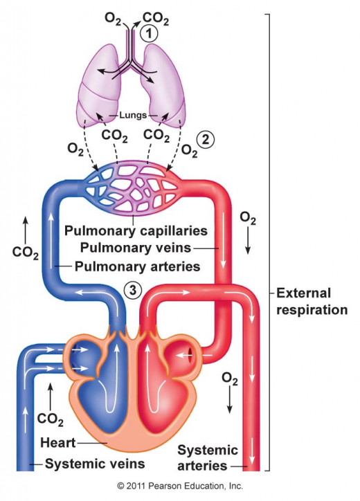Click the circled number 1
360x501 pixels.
(149, 34)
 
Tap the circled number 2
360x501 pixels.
(205, 139)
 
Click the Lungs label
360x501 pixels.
(133, 115)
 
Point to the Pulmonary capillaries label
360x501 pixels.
(136, 230)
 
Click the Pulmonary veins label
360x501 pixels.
(136, 248)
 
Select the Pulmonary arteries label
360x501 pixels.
(138, 266)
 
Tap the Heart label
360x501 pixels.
(58, 443)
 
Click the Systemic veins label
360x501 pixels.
(95, 464)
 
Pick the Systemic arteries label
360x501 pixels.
(208, 458)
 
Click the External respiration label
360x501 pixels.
(312, 302)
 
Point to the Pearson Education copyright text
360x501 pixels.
(180, 486)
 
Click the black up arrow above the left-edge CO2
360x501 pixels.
(26, 229)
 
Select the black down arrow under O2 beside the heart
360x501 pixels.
(229, 401)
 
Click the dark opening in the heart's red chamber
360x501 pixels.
(190, 355)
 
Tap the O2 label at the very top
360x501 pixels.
(113, 19)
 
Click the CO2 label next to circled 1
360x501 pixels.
(156, 19)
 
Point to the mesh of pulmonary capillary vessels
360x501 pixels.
(134, 188)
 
